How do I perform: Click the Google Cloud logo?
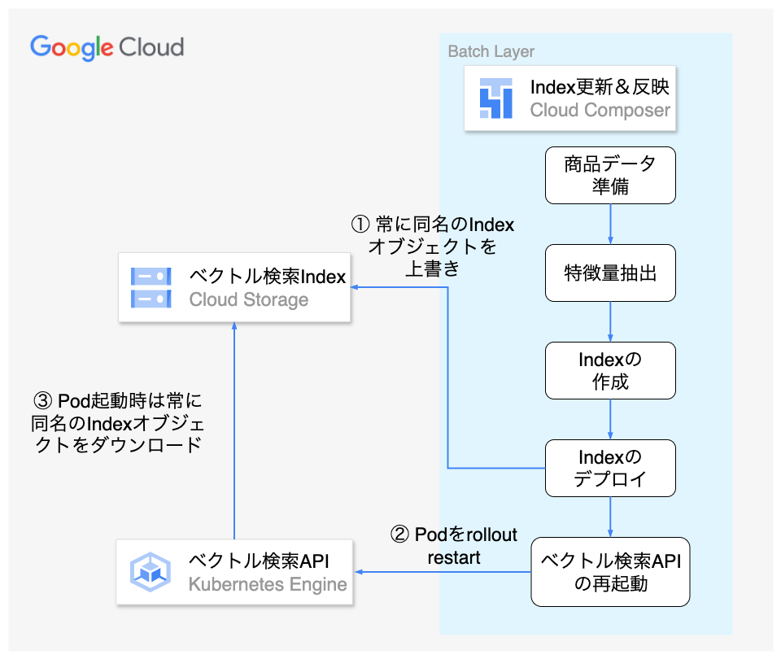click(107, 47)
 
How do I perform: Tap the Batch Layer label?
click(491, 52)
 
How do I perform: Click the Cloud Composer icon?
click(495, 98)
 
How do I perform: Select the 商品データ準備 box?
click(610, 175)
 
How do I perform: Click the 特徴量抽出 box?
click(610, 273)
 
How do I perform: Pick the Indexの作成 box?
click(610, 370)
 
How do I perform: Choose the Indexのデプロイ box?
click(610, 468)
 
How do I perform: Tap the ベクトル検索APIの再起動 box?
click(610, 572)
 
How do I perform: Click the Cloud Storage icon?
click(151, 288)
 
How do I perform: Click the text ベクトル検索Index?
click(268, 277)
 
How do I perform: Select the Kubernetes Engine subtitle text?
click(268, 584)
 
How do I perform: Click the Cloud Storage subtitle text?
click(249, 299)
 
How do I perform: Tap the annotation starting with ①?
click(432, 246)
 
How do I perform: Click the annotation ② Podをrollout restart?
click(454, 546)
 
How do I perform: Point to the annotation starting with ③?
click(117, 423)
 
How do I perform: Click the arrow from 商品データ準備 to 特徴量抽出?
click(610, 223)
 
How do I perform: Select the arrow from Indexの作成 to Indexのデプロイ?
click(610, 418)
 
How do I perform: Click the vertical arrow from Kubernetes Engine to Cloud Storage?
click(234, 431)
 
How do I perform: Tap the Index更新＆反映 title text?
click(600, 87)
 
